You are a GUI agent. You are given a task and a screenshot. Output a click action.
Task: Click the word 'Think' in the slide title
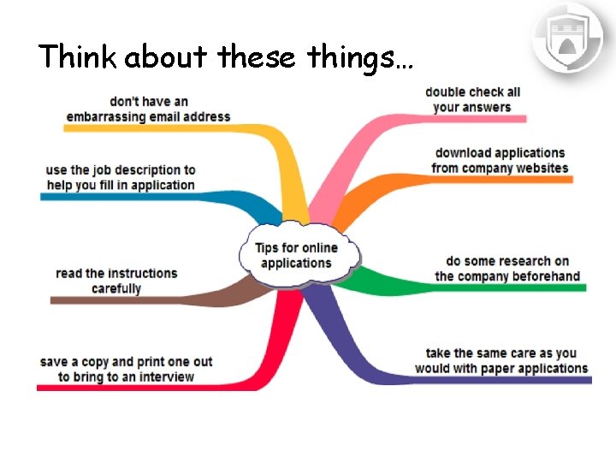coord(78,56)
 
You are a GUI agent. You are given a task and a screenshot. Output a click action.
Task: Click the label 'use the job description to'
coord(121,169)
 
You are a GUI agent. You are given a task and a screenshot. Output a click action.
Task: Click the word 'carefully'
coord(116,288)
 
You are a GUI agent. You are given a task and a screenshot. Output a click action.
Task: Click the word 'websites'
coord(542,168)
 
